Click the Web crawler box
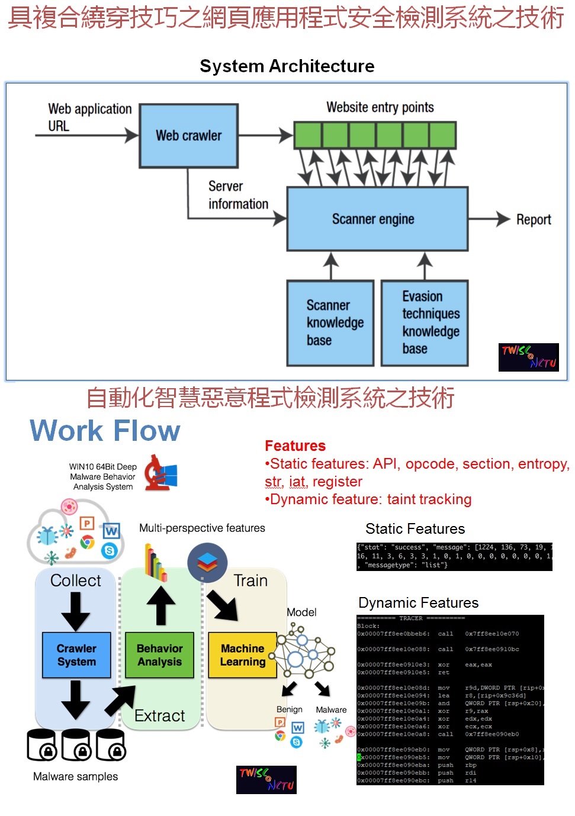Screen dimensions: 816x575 click(x=189, y=136)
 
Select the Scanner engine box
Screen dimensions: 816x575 click(x=377, y=219)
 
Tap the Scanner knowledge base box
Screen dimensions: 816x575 click(x=330, y=323)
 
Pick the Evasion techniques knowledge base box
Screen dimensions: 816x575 click(x=425, y=323)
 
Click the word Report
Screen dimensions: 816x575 click(x=534, y=220)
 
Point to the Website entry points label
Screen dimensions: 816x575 click(x=380, y=107)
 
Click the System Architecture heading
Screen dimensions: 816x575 click(x=287, y=66)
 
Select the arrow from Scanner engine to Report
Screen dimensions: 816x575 click(x=489, y=219)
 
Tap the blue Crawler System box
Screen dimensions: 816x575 click(x=77, y=655)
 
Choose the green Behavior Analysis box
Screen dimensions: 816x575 click(x=160, y=655)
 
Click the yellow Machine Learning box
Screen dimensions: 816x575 click(x=243, y=655)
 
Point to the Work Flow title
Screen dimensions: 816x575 click(x=105, y=430)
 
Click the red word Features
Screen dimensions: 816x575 click(x=295, y=446)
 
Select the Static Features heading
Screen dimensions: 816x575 click(x=415, y=528)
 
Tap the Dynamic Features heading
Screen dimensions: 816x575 click(x=419, y=602)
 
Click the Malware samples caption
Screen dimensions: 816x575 click(x=75, y=776)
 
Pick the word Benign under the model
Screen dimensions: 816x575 click(x=289, y=709)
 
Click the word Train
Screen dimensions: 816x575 click(x=250, y=580)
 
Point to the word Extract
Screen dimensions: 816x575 click(x=160, y=716)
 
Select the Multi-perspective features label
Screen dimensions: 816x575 click(x=202, y=528)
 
